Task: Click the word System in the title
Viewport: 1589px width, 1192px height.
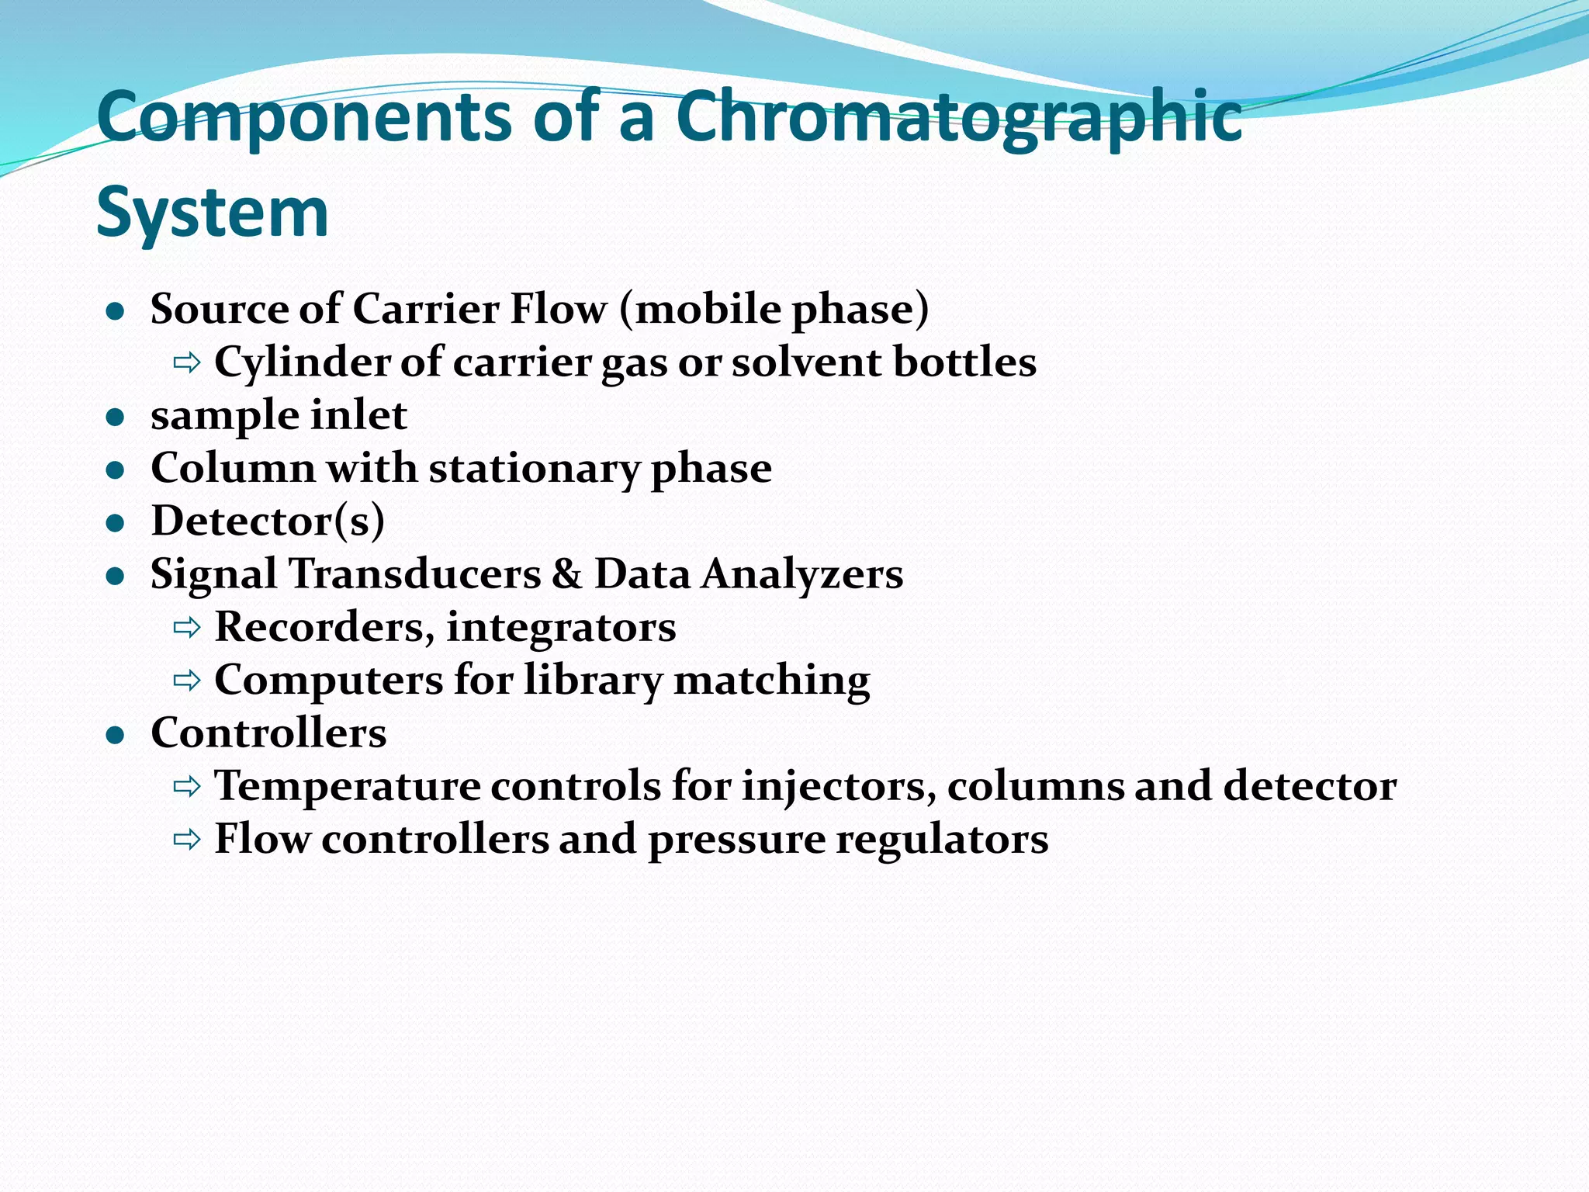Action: pyautogui.click(x=213, y=212)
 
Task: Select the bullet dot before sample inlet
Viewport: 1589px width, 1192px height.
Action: pyautogui.click(x=116, y=418)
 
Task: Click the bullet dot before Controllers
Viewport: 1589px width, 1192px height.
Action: pyautogui.click(x=116, y=736)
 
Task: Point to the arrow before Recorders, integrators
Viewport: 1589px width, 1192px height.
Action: pyautogui.click(x=187, y=627)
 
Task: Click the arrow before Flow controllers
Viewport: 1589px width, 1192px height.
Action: pyautogui.click(x=187, y=840)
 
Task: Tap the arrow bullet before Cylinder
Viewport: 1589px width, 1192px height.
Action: pyautogui.click(x=187, y=362)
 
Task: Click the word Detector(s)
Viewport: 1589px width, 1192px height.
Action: pyautogui.click(x=268, y=521)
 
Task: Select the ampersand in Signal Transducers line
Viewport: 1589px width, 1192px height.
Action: pyautogui.click(x=567, y=574)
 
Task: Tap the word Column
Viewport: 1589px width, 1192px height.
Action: pyautogui.click(x=233, y=468)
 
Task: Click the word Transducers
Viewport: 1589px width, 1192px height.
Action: pyautogui.click(x=415, y=574)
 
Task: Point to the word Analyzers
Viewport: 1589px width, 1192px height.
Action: pyautogui.click(x=802, y=574)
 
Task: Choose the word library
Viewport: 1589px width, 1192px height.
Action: pyautogui.click(x=594, y=680)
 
